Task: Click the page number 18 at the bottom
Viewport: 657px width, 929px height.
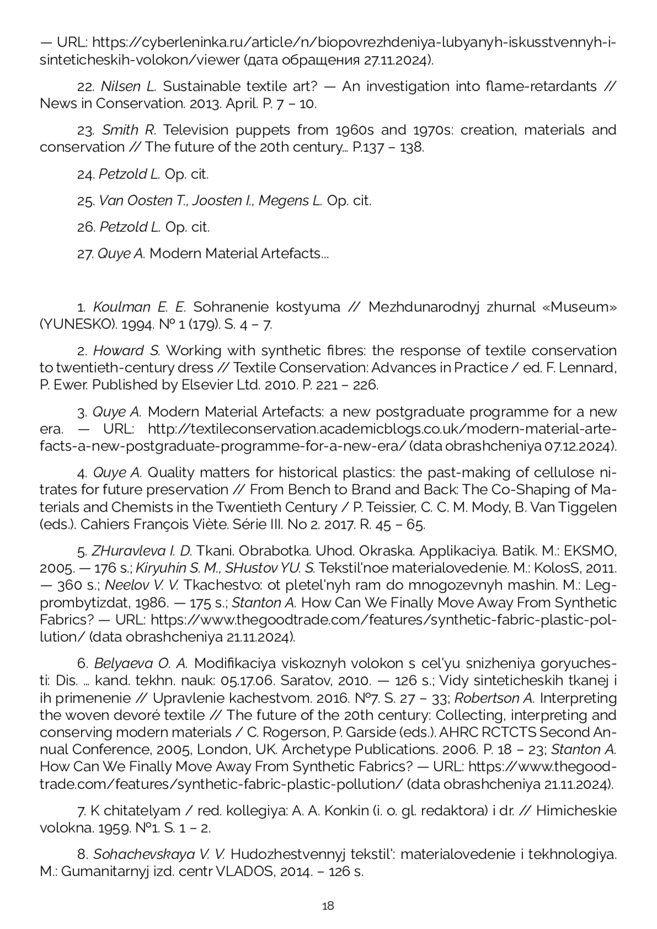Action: point(328,905)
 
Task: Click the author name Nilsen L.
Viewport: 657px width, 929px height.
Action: point(129,86)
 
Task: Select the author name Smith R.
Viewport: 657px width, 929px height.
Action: point(129,130)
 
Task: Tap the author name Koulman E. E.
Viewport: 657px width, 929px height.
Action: point(140,307)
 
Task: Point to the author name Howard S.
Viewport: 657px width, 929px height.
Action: point(126,350)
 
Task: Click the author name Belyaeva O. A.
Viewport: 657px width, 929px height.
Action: point(141,663)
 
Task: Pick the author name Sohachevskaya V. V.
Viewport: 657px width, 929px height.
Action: point(159,854)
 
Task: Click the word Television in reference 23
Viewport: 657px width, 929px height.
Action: point(193,130)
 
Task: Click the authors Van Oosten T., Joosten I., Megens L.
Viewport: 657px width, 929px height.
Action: point(210,200)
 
